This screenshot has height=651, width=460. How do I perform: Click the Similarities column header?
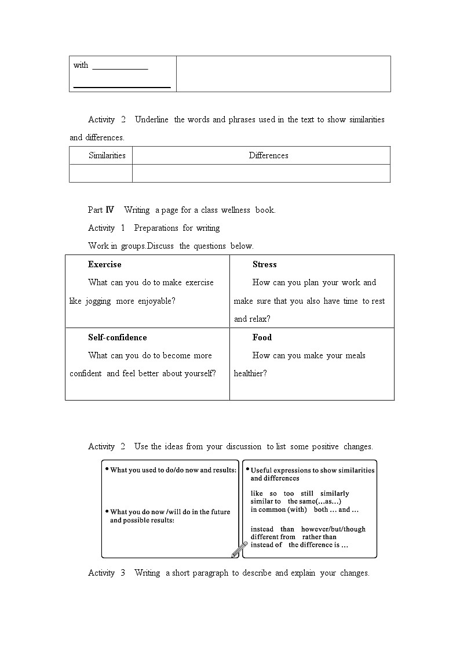click(107, 155)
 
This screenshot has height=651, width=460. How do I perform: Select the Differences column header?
click(268, 155)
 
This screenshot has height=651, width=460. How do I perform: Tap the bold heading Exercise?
click(105, 264)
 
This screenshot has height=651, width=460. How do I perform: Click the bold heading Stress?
click(264, 264)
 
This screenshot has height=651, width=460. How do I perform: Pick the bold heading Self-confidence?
click(118, 337)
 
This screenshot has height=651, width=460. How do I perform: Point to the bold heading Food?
click(262, 337)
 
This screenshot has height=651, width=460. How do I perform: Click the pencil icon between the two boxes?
click(239, 549)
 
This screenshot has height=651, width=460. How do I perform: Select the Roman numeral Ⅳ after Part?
click(109, 210)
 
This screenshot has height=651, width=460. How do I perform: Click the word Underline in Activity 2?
click(152, 119)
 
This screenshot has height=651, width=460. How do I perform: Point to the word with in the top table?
click(81, 65)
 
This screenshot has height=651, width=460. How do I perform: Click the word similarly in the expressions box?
click(334, 493)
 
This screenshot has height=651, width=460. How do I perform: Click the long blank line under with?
click(122, 86)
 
